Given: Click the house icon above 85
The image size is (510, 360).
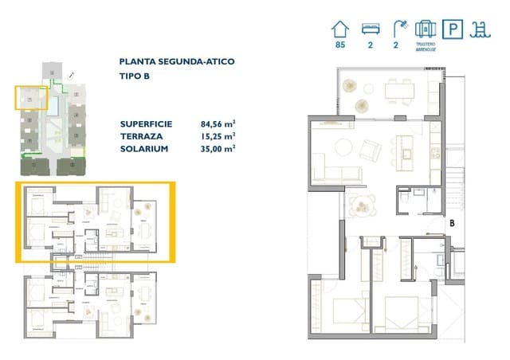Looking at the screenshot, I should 340,29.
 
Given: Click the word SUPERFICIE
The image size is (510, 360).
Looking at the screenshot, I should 145,123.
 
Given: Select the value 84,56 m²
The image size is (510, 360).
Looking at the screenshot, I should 218,123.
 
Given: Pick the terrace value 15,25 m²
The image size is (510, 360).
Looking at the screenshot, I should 218,135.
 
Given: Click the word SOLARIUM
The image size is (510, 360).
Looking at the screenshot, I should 142,147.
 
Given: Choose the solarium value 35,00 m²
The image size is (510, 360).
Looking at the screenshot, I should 218,147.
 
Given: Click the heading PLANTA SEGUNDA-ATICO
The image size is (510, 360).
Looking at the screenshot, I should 176,61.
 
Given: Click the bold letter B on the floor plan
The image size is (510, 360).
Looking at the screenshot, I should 452,224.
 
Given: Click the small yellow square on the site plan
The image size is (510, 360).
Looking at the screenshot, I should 31,98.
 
